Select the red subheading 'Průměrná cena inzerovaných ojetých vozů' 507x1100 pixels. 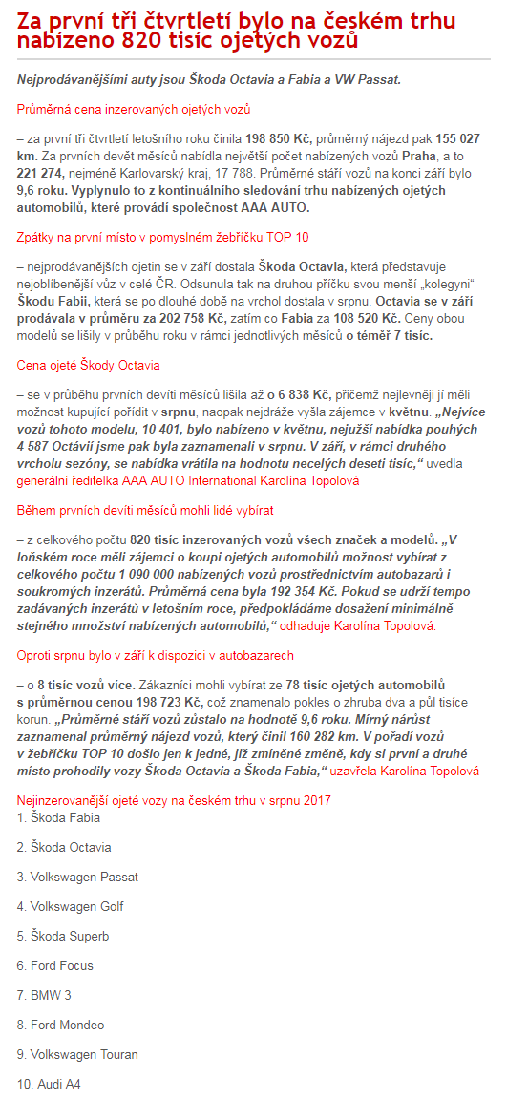[x=134, y=110]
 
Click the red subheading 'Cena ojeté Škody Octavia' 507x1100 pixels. [x=89, y=365]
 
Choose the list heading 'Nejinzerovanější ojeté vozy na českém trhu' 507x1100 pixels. [x=175, y=800]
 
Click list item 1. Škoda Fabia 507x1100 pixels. [x=58, y=817]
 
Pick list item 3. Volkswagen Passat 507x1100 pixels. [x=77, y=877]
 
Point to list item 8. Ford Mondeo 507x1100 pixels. [x=60, y=1025]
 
